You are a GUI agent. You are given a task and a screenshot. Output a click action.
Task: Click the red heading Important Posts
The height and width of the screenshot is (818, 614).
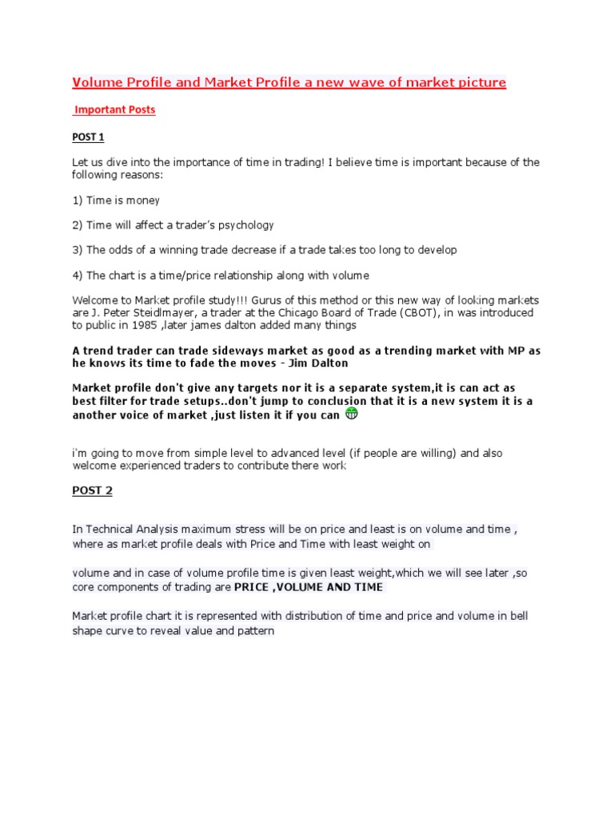(114, 110)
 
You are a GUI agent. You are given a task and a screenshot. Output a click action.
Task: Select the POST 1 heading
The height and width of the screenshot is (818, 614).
(88, 137)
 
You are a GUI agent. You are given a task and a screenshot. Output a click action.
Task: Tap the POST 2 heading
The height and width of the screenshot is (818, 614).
(92, 490)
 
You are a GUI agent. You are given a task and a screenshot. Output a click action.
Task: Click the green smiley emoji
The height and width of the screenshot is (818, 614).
(351, 414)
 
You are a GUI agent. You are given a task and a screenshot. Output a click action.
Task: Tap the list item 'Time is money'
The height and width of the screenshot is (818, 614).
(123, 200)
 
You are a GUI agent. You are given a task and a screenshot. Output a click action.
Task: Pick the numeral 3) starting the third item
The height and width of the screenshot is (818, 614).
(78, 250)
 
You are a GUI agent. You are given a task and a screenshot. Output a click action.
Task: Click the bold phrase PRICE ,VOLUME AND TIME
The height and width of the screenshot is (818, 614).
(309, 587)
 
